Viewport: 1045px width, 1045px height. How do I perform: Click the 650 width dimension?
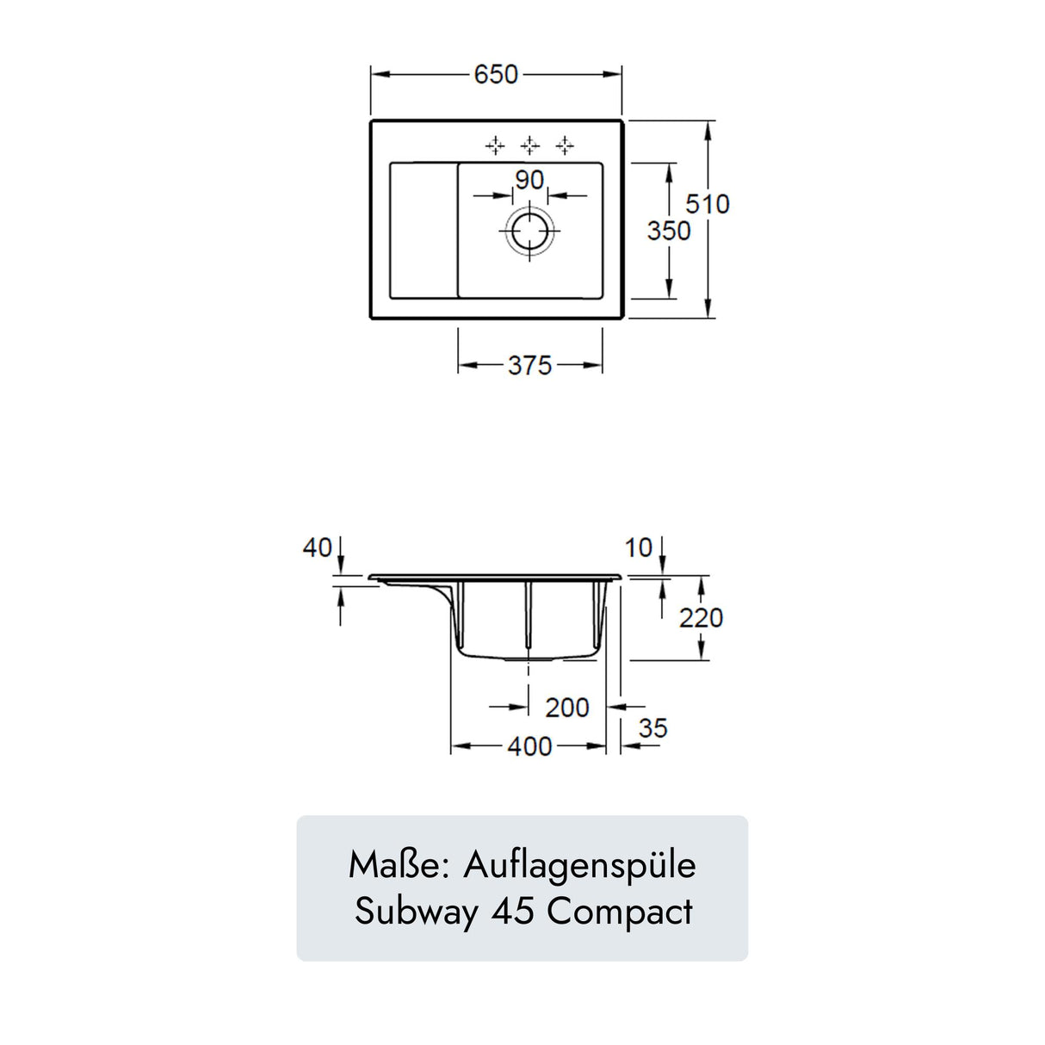(x=496, y=75)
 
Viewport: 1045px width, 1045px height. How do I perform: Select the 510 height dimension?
(x=707, y=204)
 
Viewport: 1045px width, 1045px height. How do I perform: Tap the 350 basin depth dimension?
(x=669, y=231)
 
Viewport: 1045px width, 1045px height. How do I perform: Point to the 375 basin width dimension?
(x=529, y=366)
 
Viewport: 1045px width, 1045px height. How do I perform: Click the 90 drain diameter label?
(x=529, y=180)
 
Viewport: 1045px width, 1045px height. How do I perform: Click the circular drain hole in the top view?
(x=529, y=232)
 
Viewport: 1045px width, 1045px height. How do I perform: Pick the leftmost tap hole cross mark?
(x=495, y=145)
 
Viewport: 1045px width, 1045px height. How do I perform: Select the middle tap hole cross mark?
(x=530, y=145)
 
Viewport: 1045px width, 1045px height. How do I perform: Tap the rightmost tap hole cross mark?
(x=565, y=145)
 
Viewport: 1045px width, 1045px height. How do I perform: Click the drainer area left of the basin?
(x=423, y=231)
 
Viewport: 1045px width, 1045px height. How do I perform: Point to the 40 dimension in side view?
(x=317, y=547)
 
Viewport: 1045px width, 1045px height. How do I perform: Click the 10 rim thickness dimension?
(x=638, y=547)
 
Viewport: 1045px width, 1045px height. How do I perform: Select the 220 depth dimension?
(x=701, y=618)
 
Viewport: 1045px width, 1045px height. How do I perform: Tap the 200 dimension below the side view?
(x=567, y=708)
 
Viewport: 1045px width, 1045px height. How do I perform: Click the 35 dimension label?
(x=652, y=729)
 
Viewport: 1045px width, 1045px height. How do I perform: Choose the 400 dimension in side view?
(x=529, y=746)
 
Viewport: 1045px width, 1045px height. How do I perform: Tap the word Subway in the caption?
(x=417, y=912)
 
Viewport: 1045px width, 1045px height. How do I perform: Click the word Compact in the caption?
(x=620, y=912)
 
